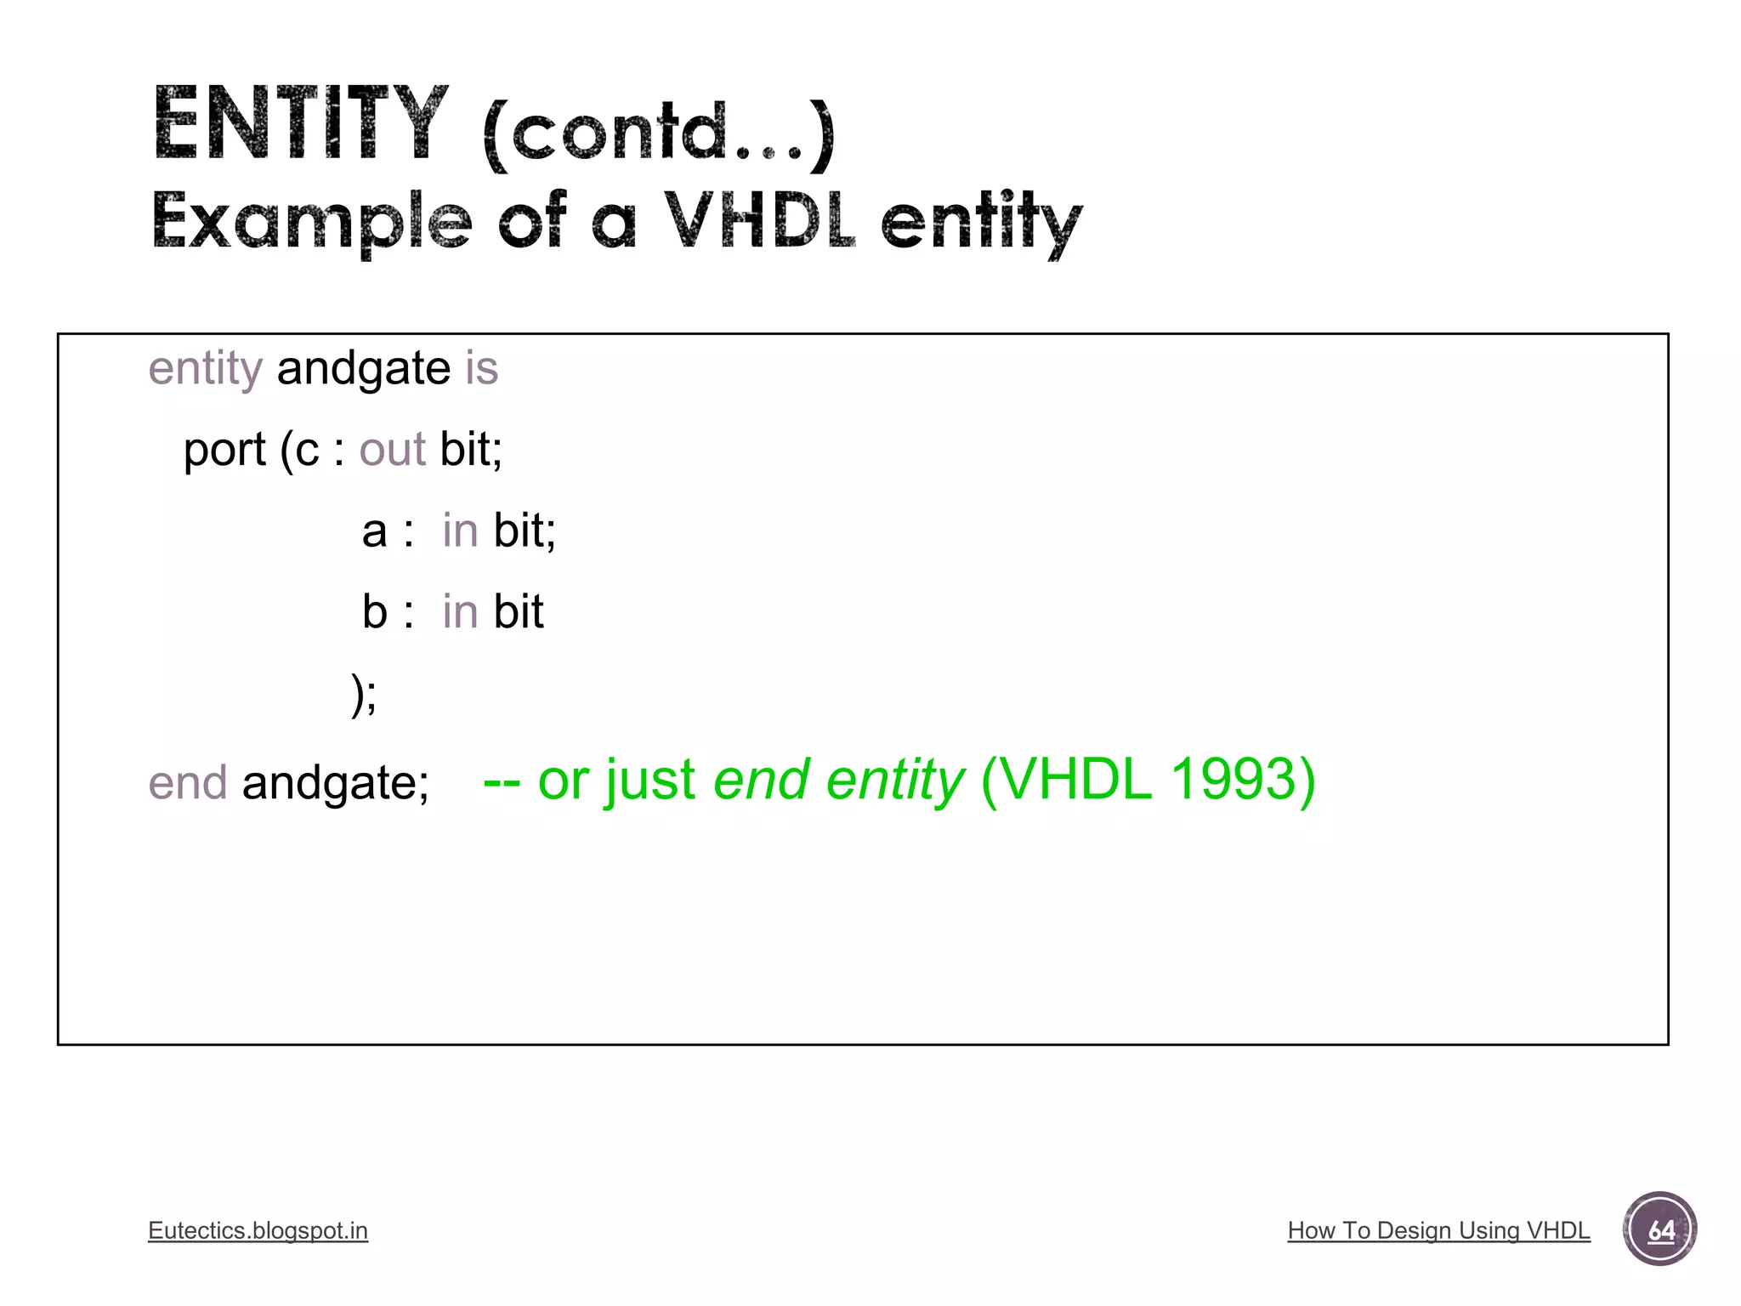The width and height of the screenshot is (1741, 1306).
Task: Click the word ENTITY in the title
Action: (300, 125)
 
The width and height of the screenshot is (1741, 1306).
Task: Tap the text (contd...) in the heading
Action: (659, 133)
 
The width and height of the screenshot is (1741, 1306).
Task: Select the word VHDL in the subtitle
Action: (758, 219)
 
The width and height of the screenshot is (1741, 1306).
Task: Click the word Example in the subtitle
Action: (311, 221)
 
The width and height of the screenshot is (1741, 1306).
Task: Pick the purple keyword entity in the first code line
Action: (205, 369)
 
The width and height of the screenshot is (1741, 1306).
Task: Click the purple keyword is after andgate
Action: (481, 369)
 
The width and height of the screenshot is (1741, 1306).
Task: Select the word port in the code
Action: (224, 450)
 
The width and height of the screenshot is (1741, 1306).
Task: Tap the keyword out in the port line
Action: (392, 450)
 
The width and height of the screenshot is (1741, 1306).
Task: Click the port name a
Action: (374, 531)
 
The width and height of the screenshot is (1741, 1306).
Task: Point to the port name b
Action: (374, 611)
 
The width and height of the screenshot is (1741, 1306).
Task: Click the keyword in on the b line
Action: (460, 611)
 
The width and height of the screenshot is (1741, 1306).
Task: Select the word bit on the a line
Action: (524, 531)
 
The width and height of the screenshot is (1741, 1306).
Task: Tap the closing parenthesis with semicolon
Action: (364, 694)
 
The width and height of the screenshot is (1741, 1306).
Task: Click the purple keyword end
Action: (188, 782)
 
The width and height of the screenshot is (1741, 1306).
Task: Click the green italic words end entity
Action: (838, 780)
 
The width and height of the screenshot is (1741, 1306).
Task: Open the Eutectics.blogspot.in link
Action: (258, 1230)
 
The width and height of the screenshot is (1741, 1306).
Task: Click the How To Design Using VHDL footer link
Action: (1438, 1230)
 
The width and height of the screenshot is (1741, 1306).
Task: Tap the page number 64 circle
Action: (1659, 1229)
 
